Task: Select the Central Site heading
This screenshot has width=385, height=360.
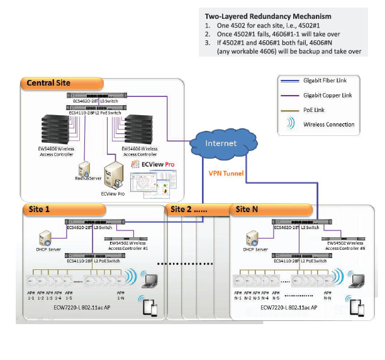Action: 48,83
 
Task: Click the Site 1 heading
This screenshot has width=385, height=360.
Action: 39,208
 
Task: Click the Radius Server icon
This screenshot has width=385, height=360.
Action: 84,169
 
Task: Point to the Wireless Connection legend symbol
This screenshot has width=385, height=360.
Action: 291,124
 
